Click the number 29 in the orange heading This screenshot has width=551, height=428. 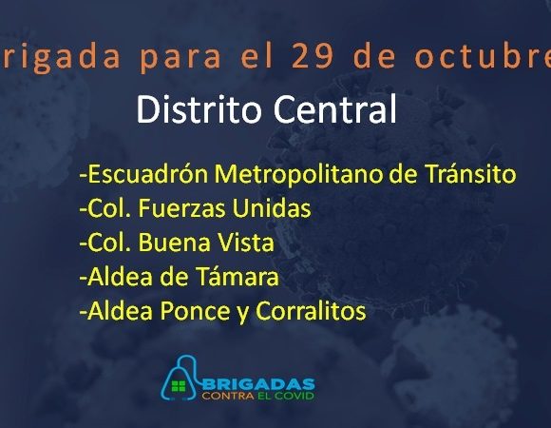click(x=312, y=56)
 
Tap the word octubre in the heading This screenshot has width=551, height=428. click(x=483, y=56)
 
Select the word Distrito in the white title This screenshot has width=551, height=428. click(x=199, y=109)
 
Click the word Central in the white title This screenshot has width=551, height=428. click(x=335, y=109)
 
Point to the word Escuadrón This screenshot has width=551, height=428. click(x=148, y=174)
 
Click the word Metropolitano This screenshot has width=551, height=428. click(x=298, y=174)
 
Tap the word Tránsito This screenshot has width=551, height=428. click(x=470, y=173)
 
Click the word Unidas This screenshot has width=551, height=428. click(x=272, y=207)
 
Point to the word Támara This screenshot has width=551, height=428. click(x=237, y=276)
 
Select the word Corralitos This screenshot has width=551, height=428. click(x=311, y=310)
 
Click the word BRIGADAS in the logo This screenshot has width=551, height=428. click(x=258, y=383)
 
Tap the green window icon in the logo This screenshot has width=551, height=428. click(x=179, y=386)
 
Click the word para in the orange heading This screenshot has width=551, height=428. click(x=180, y=58)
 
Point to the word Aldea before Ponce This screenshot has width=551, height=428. click(x=121, y=311)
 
